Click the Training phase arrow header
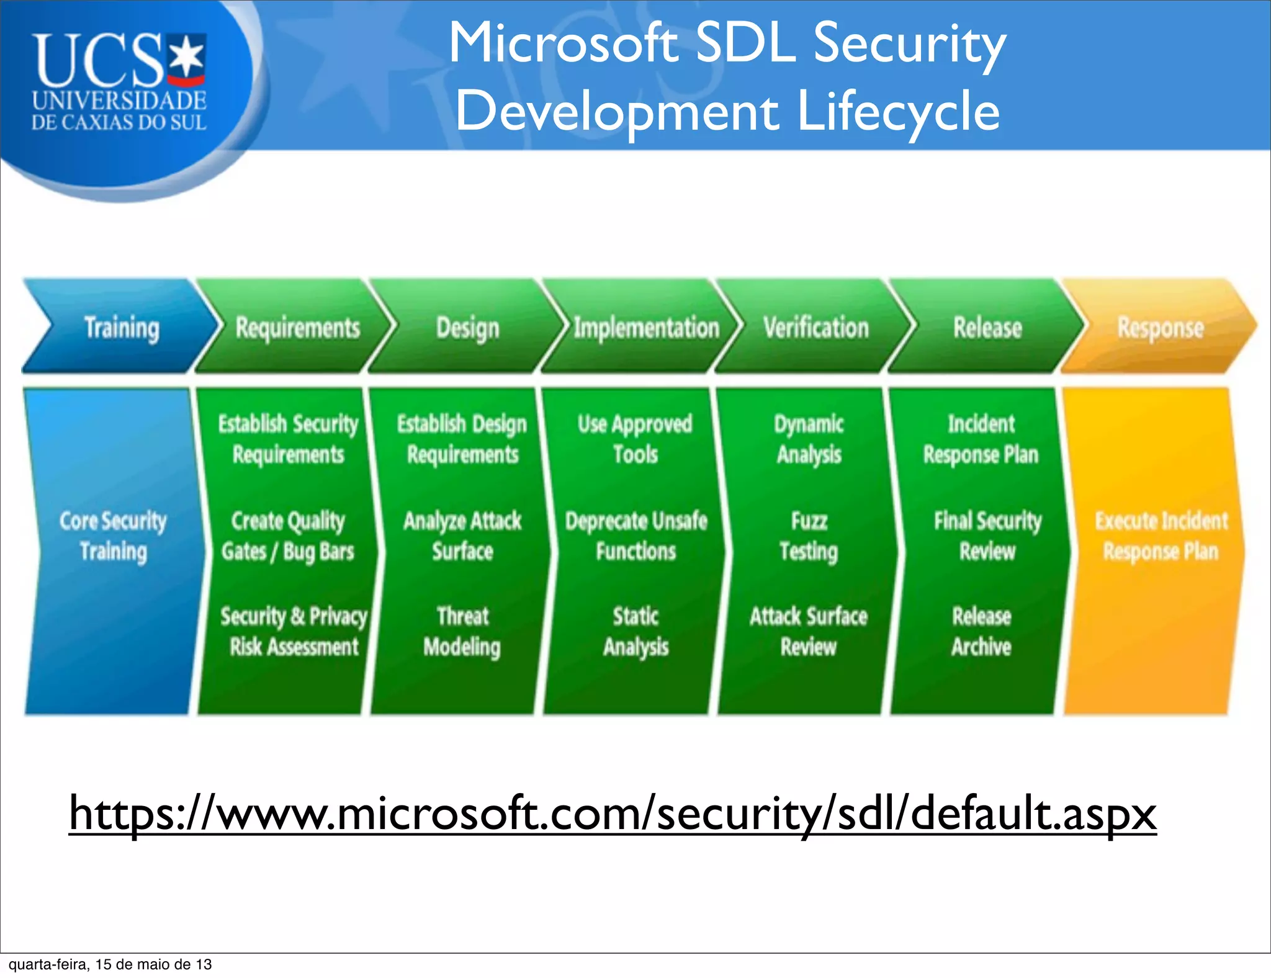(x=121, y=327)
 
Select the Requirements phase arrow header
(x=297, y=327)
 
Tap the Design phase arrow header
(x=467, y=327)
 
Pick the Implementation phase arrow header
(x=645, y=327)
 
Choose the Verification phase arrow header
(x=815, y=327)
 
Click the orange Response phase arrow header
(x=1160, y=327)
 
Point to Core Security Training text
(x=113, y=536)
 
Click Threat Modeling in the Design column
(x=462, y=631)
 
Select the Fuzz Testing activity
(x=809, y=536)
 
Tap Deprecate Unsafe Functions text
(x=635, y=536)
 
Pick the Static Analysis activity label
(x=635, y=631)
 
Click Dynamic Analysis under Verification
(x=809, y=439)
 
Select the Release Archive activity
(x=981, y=631)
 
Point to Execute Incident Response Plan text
(x=1161, y=536)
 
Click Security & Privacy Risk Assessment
(x=293, y=631)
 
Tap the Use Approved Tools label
(x=635, y=439)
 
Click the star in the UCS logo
(x=187, y=56)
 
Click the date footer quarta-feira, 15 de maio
(x=110, y=964)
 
